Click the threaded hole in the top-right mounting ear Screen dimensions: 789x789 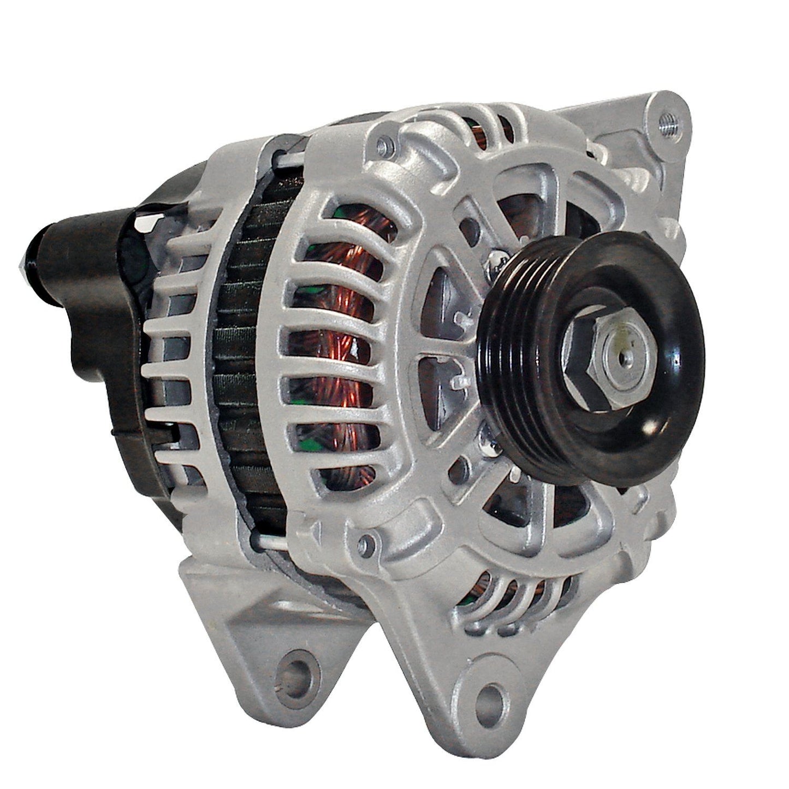click(667, 117)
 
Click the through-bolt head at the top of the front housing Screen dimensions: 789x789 click(385, 145)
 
